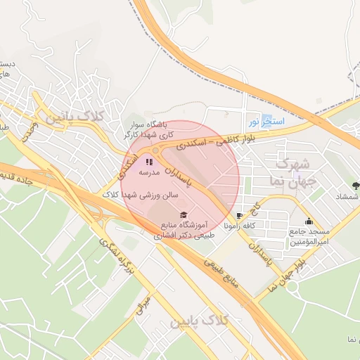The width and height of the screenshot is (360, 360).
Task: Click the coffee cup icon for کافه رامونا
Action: tap(240, 216)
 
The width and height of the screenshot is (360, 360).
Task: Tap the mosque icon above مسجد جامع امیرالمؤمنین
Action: tap(308, 221)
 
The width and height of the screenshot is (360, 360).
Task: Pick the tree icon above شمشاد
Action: tap(355, 186)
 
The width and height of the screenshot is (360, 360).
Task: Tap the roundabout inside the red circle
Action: tap(155, 150)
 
